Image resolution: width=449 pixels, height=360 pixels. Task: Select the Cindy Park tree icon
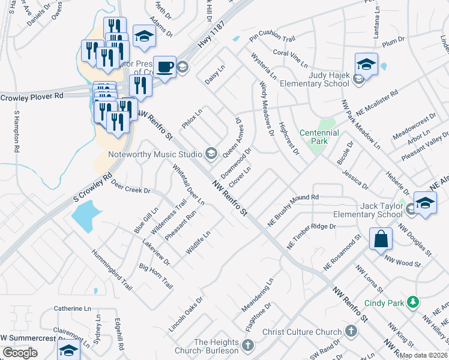412,302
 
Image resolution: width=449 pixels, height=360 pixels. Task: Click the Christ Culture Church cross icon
351,332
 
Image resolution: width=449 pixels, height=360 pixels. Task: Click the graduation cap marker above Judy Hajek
366,64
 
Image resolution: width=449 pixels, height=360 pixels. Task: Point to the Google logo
20,353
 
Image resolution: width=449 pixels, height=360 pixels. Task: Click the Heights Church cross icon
248,345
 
